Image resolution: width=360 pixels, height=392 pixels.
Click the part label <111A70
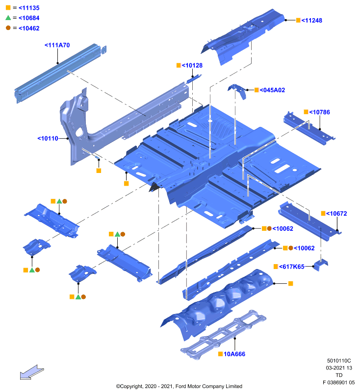tap(57, 45)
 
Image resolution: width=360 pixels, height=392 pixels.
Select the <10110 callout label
tap(48, 139)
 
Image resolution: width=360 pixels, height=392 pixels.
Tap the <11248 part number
tap(312, 21)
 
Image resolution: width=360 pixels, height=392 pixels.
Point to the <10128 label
tap(192, 66)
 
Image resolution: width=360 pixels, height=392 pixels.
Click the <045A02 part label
tap(272, 90)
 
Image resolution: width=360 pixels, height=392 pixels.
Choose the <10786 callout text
tap(319, 112)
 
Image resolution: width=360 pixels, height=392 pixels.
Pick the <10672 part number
tap(336, 214)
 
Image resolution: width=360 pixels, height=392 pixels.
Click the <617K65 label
tap(292, 267)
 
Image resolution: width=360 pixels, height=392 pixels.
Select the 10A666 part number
tap(234, 354)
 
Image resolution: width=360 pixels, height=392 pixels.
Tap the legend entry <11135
tap(29, 8)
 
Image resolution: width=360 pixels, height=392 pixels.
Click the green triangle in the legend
tap(8, 18)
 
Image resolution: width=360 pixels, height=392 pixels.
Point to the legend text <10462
tap(29, 28)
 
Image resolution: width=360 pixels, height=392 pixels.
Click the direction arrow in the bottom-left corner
tap(32, 372)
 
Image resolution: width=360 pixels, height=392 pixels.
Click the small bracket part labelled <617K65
tap(320, 265)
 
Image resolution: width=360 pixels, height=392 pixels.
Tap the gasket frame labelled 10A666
tap(223, 335)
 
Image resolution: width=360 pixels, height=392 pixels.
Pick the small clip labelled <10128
tap(194, 79)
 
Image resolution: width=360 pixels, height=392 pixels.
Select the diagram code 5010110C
tap(339, 361)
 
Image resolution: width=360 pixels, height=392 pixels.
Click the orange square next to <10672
tap(323, 213)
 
